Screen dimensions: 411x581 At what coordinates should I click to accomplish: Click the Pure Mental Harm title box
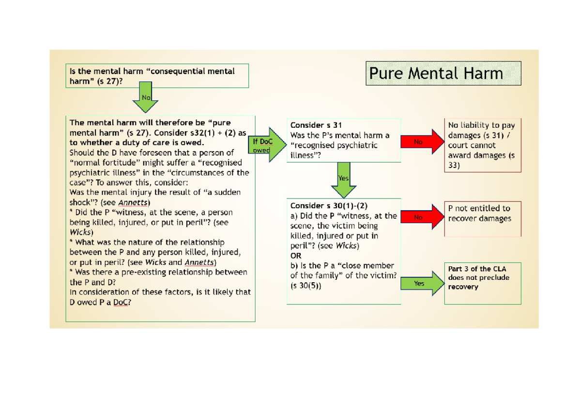(x=443, y=74)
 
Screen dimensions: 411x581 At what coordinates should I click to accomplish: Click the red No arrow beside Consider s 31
(x=422, y=142)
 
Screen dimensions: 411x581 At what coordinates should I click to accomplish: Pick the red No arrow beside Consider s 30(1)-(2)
(x=422, y=218)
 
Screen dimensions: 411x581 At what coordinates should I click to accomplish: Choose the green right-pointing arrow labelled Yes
(x=422, y=284)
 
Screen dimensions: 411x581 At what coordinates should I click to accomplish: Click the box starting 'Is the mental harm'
(x=157, y=76)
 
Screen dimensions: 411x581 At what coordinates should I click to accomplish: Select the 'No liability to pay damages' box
(x=482, y=145)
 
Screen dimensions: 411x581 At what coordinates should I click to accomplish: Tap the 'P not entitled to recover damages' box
(x=482, y=218)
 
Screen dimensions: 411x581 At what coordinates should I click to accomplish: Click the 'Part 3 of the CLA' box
(x=482, y=283)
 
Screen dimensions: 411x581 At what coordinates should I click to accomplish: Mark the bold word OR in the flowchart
(x=296, y=256)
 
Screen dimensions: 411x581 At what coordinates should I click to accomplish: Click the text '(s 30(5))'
(x=306, y=286)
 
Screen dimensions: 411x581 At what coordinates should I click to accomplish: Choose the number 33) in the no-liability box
(x=455, y=166)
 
